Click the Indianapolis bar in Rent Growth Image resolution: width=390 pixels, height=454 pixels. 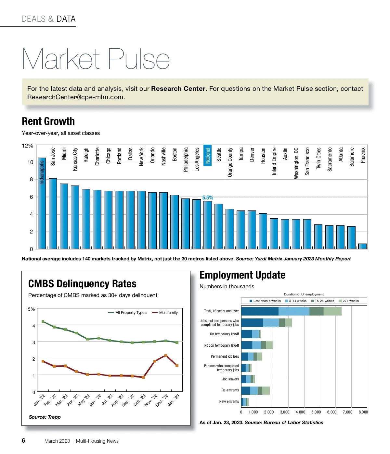42,208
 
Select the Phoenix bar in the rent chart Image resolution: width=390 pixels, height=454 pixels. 362,246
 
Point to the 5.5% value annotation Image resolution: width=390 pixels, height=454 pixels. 208,197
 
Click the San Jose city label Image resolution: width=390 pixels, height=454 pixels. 53,156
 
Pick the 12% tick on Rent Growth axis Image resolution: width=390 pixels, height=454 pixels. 27,146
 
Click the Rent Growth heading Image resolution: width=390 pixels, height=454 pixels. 48,121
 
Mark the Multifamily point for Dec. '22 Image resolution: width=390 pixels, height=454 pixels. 166,355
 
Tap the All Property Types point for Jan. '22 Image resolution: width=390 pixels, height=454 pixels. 43,322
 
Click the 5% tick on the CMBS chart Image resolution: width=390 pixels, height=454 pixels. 31,309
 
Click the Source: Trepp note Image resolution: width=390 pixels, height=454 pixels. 45,417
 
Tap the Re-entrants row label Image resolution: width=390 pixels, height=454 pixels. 230,390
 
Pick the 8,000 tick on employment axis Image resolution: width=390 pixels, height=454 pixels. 363,412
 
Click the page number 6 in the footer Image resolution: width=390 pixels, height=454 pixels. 23,440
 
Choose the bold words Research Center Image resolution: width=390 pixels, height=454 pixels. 178,89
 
